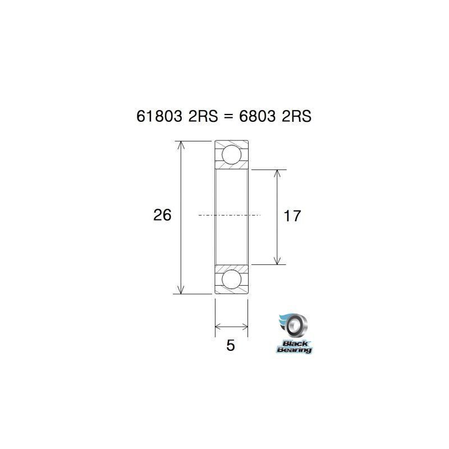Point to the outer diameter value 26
click(x=162, y=215)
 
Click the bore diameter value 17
click(x=292, y=216)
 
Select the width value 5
click(x=231, y=345)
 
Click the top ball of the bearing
click(x=231, y=154)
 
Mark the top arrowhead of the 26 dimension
click(x=181, y=145)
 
